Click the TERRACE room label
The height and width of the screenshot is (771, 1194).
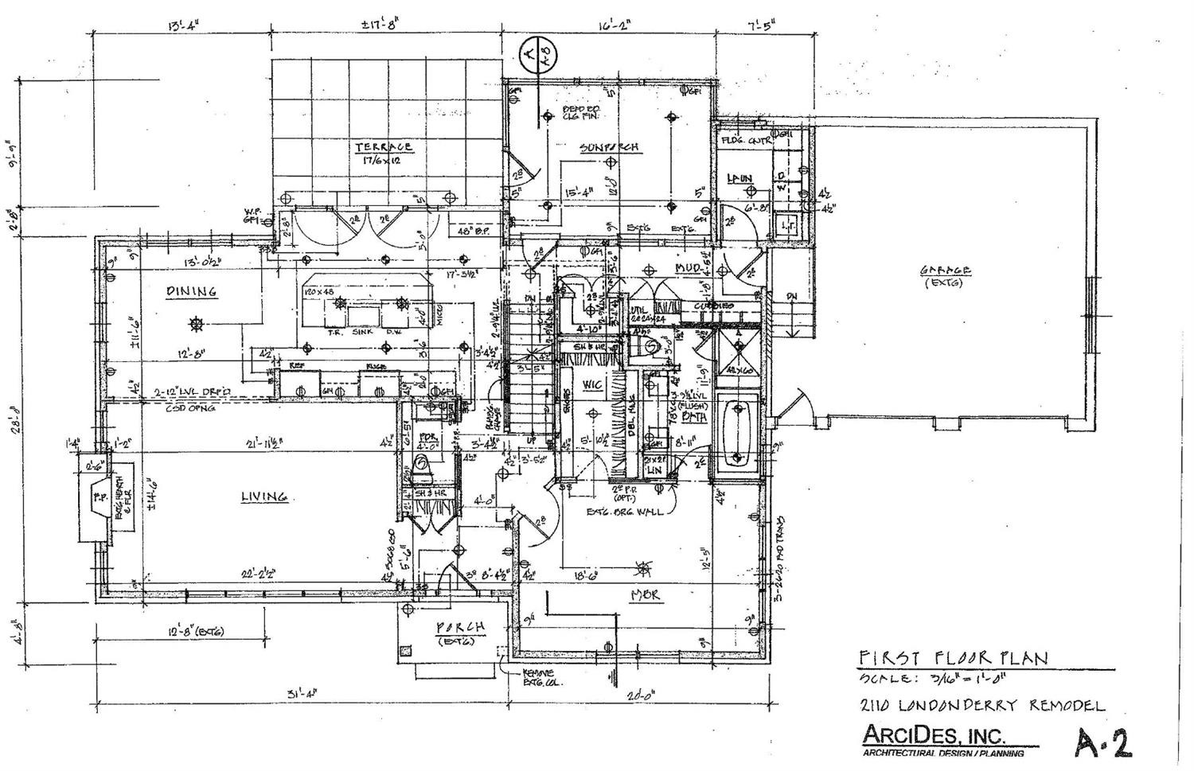pos(384,146)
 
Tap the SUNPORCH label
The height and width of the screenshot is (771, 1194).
pos(610,146)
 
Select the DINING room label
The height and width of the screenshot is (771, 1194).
pos(191,291)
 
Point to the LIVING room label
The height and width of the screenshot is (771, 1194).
pos(264,496)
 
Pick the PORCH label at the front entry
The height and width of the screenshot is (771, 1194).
pos(461,627)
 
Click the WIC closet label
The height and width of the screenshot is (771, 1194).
pos(591,385)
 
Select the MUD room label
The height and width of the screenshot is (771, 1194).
pos(687,268)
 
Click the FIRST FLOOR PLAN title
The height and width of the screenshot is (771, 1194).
pos(952,658)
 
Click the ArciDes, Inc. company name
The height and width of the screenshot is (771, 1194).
pos(933,734)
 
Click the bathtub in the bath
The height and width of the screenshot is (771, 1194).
pos(739,434)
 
